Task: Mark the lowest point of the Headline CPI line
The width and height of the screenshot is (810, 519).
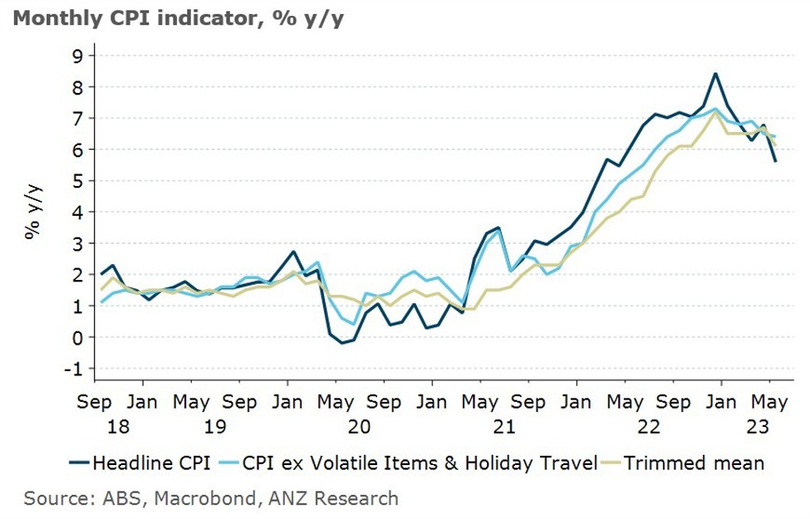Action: click(341, 343)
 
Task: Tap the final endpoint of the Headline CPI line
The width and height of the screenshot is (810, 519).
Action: click(776, 161)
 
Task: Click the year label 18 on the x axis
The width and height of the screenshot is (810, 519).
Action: click(95, 427)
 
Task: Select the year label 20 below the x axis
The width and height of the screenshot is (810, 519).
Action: click(359, 427)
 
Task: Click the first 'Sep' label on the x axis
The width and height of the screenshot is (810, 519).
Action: click(95, 403)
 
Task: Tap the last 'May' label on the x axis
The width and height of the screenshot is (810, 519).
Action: click(768, 403)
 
